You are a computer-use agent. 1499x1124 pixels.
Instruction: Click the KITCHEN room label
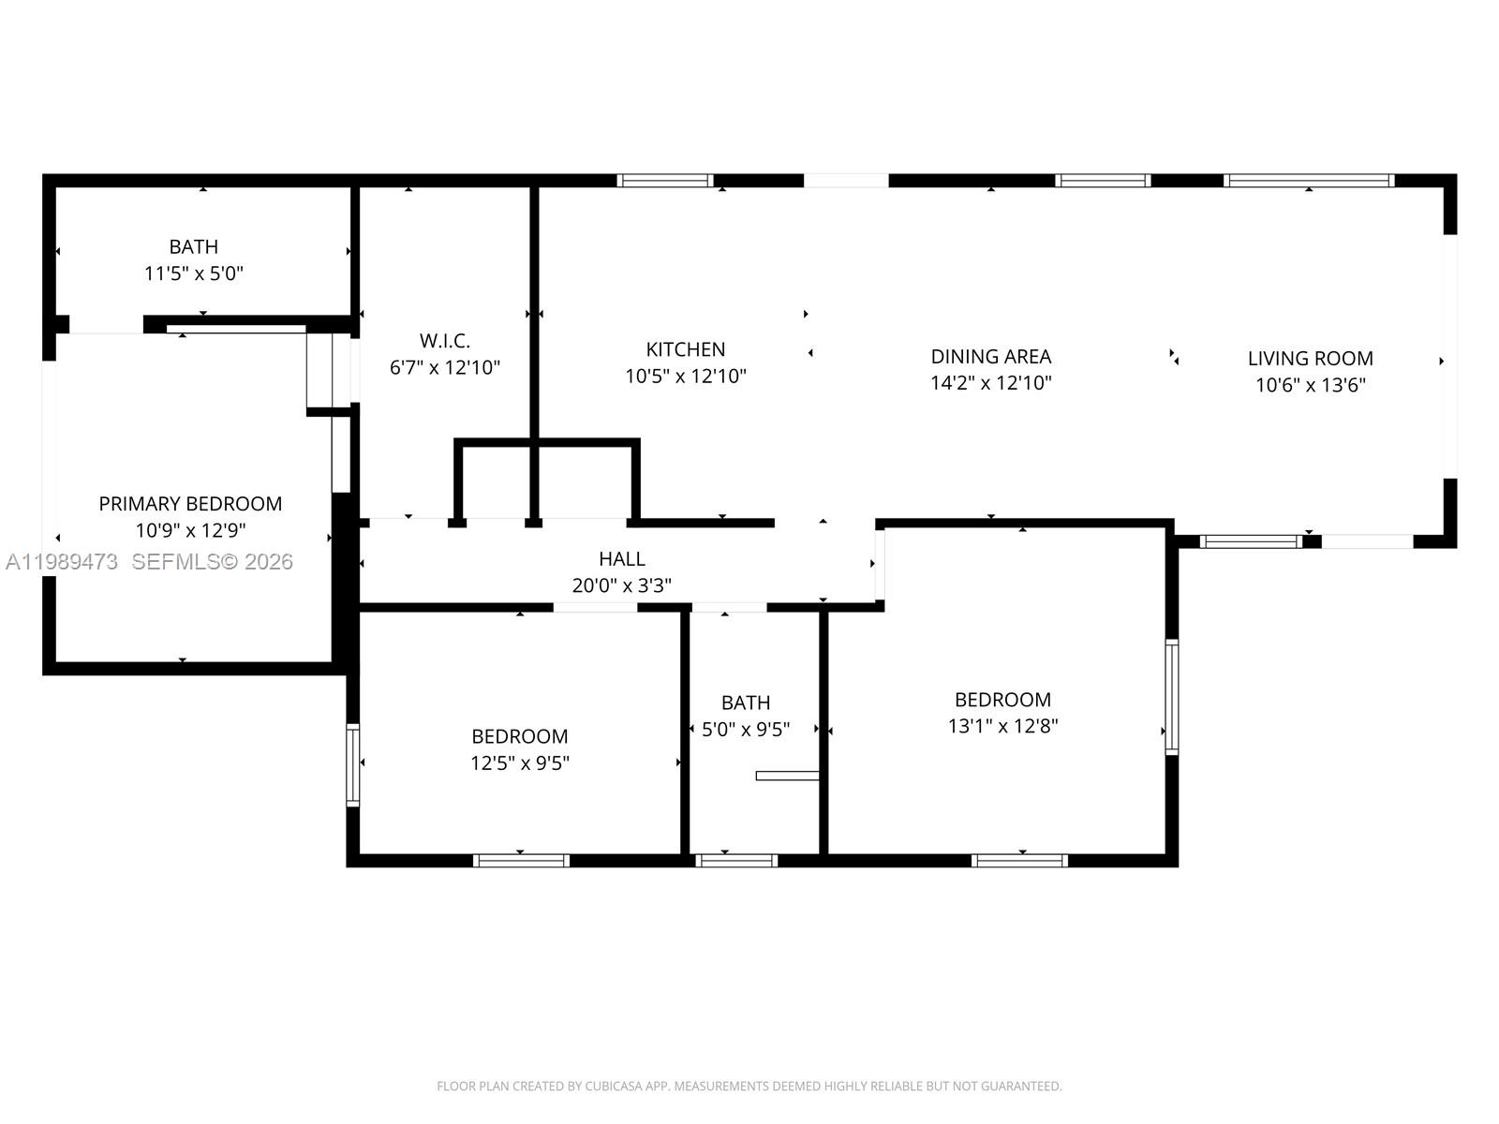tap(685, 349)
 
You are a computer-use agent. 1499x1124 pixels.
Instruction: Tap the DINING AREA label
tap(990, 356)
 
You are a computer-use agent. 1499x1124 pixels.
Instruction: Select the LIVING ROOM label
tap(1310, 358)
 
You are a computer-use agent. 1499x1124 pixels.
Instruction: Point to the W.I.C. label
tap(444, 340)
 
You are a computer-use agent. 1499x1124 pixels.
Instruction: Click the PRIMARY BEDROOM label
tap(190, 504)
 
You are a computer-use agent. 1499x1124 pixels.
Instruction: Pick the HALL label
tap(621, 559)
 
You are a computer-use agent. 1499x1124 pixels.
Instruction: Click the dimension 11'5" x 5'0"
tap(194, 274)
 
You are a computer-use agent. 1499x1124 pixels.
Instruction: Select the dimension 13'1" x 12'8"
tap(1002, 726)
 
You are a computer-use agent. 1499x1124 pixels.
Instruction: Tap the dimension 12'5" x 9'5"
tap(519, 763)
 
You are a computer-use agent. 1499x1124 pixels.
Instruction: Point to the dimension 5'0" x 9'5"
tap(745, 729)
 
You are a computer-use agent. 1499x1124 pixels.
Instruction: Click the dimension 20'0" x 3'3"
tap(621, 585)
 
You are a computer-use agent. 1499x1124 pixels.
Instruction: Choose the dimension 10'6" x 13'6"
tap(1310, 385)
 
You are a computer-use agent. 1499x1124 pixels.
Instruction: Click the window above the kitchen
tap(665, 181)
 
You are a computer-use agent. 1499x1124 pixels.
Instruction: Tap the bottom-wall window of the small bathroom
tap(736, 860)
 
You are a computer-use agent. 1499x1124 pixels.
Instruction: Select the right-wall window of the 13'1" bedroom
tap(1171, 697)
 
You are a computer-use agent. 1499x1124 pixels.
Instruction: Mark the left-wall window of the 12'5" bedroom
tap(352, 764)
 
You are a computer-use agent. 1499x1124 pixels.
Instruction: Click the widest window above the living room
tap(1308, 181)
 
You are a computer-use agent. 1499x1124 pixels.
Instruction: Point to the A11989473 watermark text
tap(62, 561)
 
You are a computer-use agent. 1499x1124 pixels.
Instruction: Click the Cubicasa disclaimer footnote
tap(749, 1087)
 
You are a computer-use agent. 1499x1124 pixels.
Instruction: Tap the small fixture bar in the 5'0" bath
tap(787, 776)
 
